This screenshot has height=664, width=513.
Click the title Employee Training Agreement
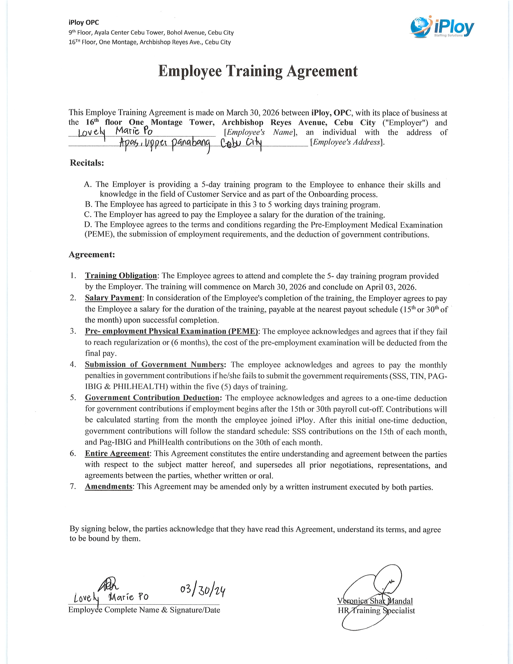coord(258,71)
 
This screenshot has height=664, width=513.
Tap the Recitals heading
coord(87,163)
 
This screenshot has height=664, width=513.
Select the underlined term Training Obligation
coord(121,276)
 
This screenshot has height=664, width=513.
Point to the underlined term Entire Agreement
coord(117,453)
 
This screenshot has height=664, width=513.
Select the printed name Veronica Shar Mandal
coord(375,601)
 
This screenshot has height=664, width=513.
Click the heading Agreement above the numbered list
coord(92,255)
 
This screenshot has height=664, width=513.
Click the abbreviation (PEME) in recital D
coord(99,234)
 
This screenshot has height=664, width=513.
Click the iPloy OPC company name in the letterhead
coord(83,23)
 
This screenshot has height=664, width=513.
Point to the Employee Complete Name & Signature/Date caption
coord(144,610)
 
